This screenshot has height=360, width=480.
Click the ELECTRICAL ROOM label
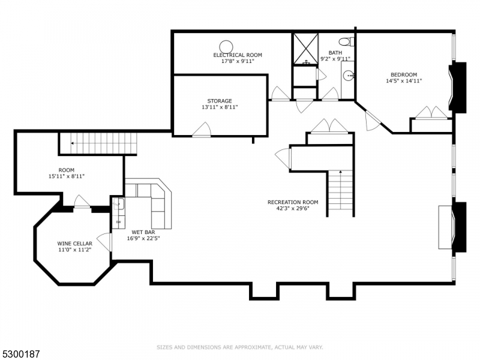pyautogui.click(x=238, y=55)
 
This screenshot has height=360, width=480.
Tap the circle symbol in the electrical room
pyautogui.click(x=226, y=46)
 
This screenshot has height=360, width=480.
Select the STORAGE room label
pyautogui.click(x=220, y=101)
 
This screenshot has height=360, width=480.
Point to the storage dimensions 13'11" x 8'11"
pyautogui.click(x=220, y=107)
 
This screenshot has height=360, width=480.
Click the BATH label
pyautogui.click(x=335, y=53)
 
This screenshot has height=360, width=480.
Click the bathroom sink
pyautogui.click(x=349, y=76)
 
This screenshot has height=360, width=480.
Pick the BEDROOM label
pyautogui.click(x=404, y=75)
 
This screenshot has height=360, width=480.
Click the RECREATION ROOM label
pyautogui.click(x=293, y=202)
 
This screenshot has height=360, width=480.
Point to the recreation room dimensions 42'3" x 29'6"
pyautogui.click(x=293, y=209)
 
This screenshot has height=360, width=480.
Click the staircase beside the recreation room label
pyautogui.click(x=340, y=192)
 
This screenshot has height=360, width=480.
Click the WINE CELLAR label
pyautogui.click(x=75, y=244)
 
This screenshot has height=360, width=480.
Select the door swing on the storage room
pyautogui.click(x=202, y=129)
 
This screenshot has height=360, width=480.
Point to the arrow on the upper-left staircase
pyautogui.click(x=73, y=143)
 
